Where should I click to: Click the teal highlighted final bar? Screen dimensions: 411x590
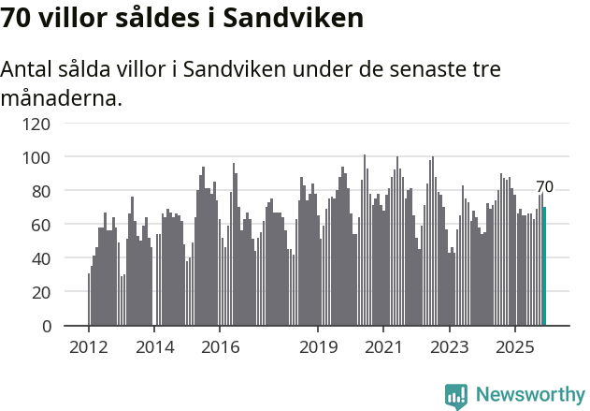click(544, 267)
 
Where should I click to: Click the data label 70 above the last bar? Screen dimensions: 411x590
click(544, 187)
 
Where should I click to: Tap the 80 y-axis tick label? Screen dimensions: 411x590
click(43, 191)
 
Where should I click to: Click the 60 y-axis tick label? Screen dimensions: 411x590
click(43, 225)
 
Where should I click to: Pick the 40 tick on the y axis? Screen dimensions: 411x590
click(43, 258)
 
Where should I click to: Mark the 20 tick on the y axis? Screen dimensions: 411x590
click(43, 292)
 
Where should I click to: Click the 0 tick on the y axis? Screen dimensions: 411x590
click(48, 326)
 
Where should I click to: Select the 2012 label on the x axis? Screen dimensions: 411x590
click(89, 347)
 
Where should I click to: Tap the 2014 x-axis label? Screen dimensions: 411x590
click(154, 347)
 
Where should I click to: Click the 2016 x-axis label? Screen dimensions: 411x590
click(220, 347)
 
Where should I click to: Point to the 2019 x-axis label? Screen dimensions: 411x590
click(318, 347)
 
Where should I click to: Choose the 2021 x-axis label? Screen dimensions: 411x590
click(383, 347)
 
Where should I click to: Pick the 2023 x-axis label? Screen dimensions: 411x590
click(449, 347)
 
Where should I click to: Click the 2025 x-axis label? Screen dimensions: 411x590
click(514, 347)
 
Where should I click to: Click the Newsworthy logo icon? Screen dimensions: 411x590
click(456, 395)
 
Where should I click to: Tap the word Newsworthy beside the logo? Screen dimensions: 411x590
click(530, 395)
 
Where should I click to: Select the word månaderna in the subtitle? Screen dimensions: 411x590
click(62, 97)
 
